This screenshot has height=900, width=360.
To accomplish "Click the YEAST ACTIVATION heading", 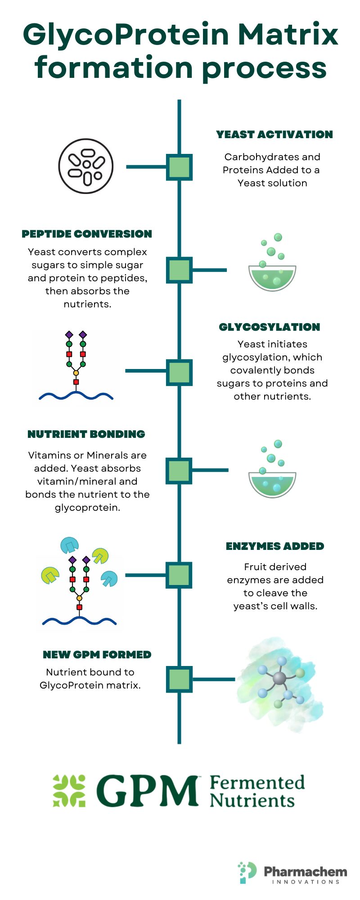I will [x=274, y=135].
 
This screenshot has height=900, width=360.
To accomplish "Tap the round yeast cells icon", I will [x=86, y=166].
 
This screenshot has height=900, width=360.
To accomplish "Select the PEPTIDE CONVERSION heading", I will [x=87, y=234].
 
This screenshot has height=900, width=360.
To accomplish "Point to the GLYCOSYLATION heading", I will [x=270, y=327].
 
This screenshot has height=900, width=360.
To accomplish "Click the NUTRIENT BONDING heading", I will [x=86, y=434].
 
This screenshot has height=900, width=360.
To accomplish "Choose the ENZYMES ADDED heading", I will [x=275, y=546].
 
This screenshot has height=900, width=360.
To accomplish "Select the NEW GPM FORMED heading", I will [x=97, y=655].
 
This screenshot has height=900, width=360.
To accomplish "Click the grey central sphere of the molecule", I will [x=279, y=678].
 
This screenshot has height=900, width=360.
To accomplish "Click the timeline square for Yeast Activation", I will [x=179, y=167].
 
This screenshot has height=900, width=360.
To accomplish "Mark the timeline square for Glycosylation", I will [x=179, y=372].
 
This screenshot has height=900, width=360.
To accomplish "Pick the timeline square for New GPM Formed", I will [x=179, y=679].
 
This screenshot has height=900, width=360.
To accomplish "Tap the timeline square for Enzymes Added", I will [x=179, y=575].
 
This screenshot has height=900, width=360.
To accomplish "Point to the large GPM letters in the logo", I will [x=147, y=791].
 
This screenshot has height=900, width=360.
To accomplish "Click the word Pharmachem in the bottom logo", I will [x=306, y=872].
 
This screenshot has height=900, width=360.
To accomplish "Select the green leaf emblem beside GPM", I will [x=69, y=791].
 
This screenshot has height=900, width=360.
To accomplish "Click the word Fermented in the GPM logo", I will [x=257, y=783].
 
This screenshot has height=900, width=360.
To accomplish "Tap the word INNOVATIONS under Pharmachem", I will [x=306, y=882].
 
